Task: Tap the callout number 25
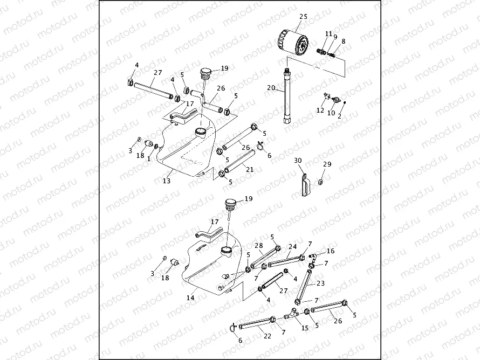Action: pos(303,17)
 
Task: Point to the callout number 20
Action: pos(271,88)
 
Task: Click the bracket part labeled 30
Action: pos(305,184)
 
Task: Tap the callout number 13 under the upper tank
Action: pos(167,181)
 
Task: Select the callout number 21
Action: pos(250,170)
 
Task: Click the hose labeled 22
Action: pos(255,323)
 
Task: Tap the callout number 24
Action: pos(292,247)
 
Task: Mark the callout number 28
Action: pos(259,246)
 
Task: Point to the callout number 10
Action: pos(332,114)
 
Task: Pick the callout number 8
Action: pos(343,41)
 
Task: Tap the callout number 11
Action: pos(328,34)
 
